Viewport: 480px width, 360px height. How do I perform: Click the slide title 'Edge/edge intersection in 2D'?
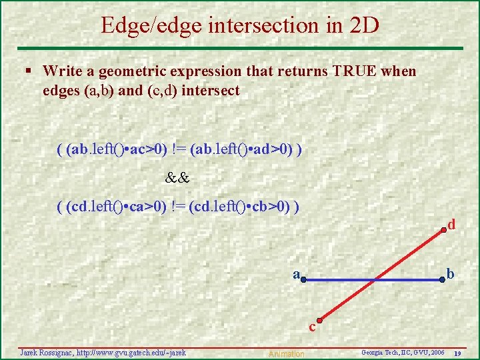pos(240,25)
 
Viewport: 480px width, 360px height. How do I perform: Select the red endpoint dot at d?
pos(443,231)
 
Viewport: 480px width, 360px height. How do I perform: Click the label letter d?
pos(452,225)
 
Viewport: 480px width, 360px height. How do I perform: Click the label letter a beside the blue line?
pos(295,274)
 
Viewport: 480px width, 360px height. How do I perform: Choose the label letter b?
pos(451,275)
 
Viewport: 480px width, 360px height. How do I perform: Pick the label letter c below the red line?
pos(311,327)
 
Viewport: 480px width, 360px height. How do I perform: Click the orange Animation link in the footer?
pos(286,354)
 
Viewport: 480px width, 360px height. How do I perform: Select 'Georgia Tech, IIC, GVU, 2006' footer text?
pos(403,352)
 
